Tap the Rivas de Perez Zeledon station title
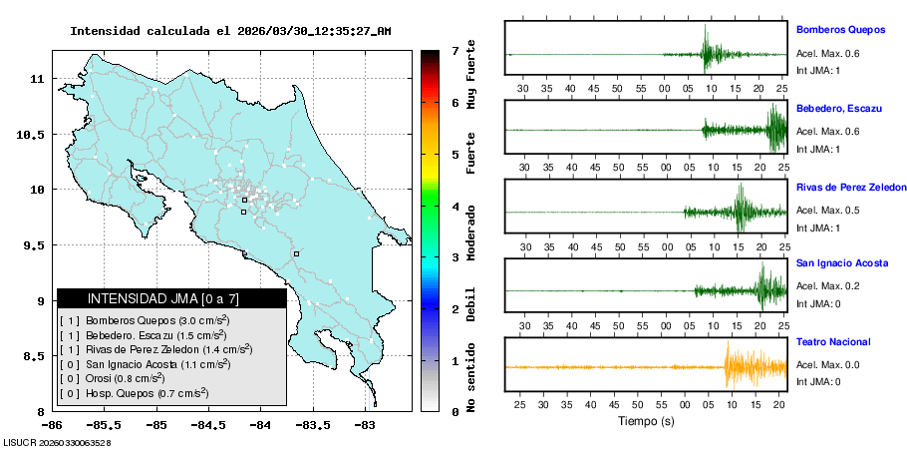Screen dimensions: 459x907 pos(851,187)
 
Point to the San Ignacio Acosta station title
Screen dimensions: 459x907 pos(843,264)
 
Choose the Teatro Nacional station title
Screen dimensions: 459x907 pos(832,342)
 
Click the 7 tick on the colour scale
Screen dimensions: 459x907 pos(454,50)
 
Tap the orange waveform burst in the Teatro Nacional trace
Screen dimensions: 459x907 pos(743,366)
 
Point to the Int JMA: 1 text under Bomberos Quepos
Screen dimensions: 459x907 pos(818,70)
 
